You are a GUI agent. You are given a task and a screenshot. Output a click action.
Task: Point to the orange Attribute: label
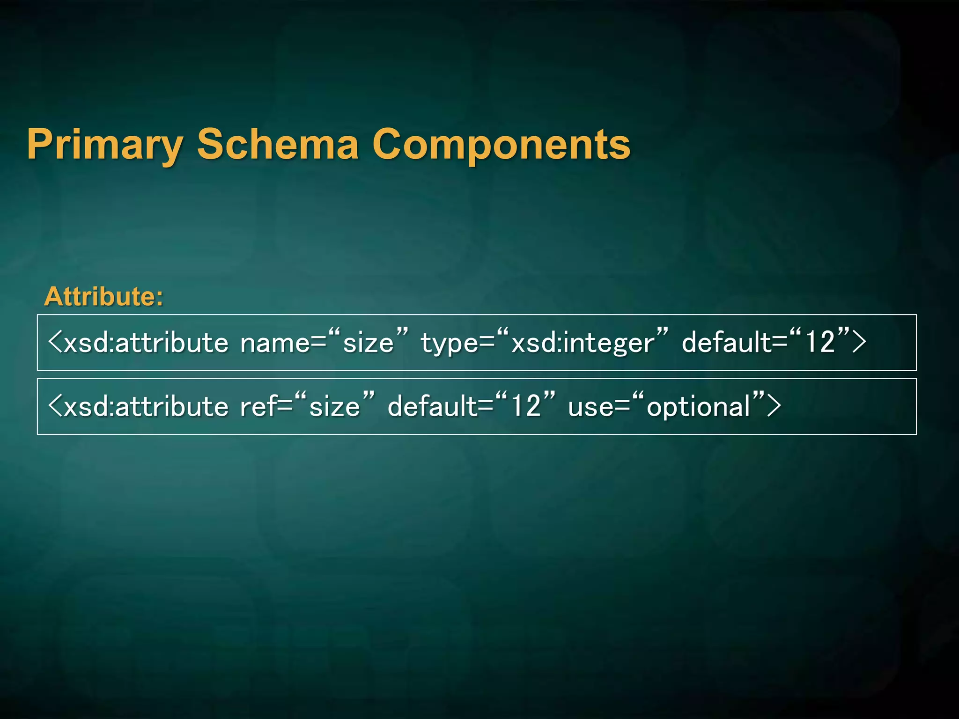(103, 297)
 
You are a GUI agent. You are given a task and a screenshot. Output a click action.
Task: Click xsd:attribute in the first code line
(146, 343)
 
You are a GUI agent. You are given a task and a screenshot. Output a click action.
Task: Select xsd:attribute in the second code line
(146, 406)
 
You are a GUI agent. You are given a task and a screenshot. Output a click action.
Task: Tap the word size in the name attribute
(368, 343)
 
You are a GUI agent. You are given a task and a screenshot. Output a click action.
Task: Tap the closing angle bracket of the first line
(859, 343)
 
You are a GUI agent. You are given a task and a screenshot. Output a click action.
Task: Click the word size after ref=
(334, 406)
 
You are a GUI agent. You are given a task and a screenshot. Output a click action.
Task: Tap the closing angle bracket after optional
(774, 406)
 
